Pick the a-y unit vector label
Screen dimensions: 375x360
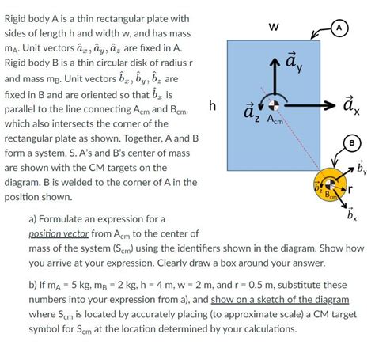point(292,61)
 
